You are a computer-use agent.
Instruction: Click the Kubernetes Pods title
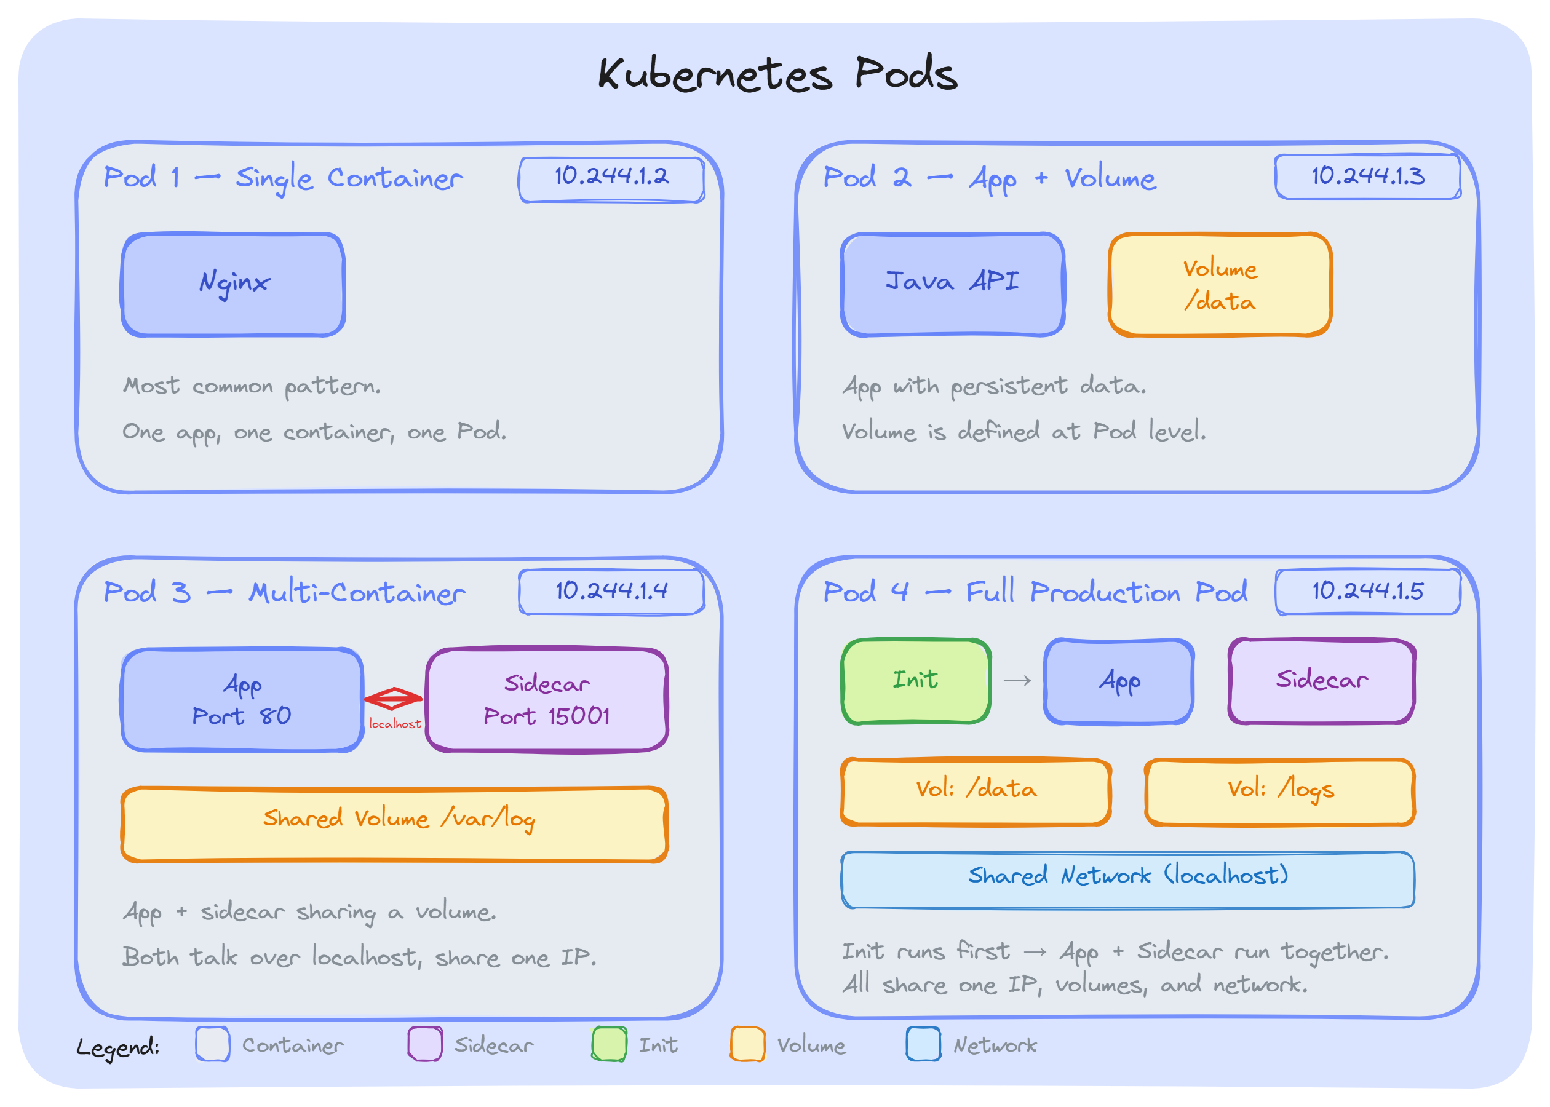[777, 74]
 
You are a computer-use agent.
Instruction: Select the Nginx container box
[233, 284]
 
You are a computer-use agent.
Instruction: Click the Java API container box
[952, 284]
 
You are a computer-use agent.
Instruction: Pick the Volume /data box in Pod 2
[1220, 284]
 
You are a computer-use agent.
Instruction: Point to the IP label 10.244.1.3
[1367, 177]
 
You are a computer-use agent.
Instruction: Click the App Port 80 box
[242, 700]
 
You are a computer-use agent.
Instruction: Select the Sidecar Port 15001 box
[547, 700]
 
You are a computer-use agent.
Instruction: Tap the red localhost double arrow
[394, 699]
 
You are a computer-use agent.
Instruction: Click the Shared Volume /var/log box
[394, 824]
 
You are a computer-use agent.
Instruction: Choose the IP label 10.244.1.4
[611, 592]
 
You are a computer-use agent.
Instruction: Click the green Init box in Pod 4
[915, 681]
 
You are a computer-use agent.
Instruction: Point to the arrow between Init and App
[1017, 681]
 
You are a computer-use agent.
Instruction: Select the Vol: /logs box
[1279, 792]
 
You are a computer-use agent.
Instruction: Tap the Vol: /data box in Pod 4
[976, 792]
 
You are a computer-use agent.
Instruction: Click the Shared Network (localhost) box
[1127, 879]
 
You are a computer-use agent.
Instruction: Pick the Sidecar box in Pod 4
[1321, 681]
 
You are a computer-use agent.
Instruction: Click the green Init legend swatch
[609, 1044]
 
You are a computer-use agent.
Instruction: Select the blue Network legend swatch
[923, 1044]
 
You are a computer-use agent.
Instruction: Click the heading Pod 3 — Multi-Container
[284, 592]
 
